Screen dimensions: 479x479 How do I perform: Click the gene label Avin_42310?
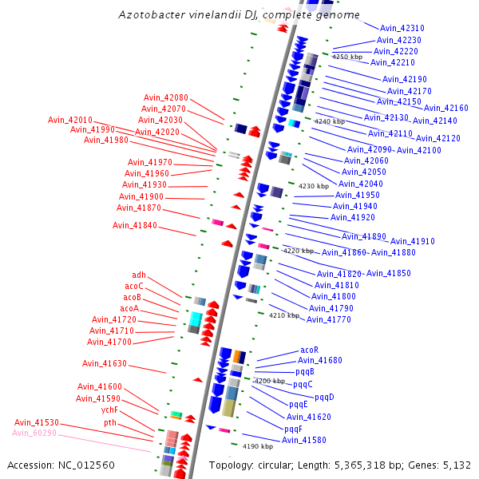(x=402, y=28)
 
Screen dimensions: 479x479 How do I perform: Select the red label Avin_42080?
(x=166, y=97)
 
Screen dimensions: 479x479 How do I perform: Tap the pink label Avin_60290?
(x=34, y=433)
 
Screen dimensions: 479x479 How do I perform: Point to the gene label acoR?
(x=310, y=350)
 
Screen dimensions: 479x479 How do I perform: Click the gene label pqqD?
(x=324, y=397)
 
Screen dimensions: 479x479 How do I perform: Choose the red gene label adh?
(x=139, y=275)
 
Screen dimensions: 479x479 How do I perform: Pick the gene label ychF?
(x=109, y=410)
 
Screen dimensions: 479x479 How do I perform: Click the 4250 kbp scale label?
(x=346, y=57)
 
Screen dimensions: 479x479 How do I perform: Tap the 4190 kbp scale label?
(x=258, y=446)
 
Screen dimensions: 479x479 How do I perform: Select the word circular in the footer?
(x=285, y=465)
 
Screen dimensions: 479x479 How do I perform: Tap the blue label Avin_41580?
(x=304, y=440)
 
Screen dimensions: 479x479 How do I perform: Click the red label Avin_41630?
(x=105, y=363)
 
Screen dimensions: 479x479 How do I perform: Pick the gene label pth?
(x=110, y=422)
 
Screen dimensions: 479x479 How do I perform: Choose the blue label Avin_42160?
(x=445, y=108)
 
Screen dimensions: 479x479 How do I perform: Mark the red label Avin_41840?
(x=135, y=225)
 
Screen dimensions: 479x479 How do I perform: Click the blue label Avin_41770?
(x=329, y=319)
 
